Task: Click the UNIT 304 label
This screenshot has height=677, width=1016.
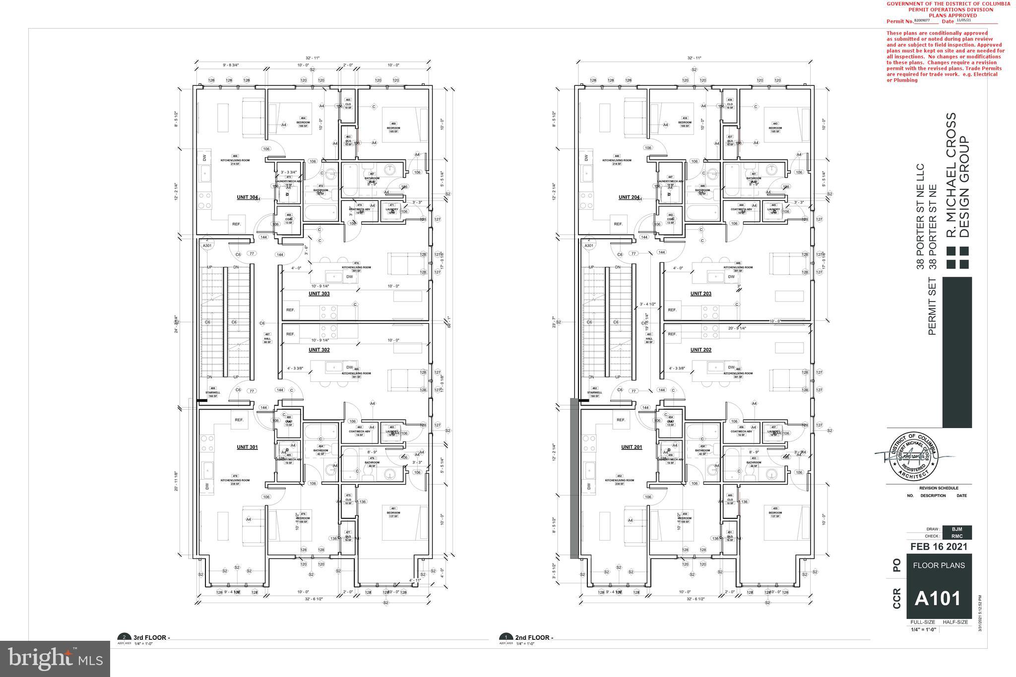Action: (247, 197)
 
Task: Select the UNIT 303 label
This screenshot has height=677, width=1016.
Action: (319, 294)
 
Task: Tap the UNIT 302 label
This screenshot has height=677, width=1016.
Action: (319, 350)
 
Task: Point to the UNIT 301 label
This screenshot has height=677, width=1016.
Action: (247, 447)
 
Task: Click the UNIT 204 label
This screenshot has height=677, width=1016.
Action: (629, 197)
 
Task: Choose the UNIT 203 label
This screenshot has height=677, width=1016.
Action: (701, 294)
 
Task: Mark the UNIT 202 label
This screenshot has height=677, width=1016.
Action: (701, 350)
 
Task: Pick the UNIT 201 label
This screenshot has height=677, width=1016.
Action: (632, 447)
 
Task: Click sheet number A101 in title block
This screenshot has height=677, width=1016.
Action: (938, 599)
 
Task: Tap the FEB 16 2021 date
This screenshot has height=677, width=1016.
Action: (939, 547)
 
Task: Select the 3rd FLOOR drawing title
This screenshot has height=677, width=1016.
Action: (151, 637)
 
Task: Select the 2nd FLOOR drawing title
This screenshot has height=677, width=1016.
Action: (534, 637)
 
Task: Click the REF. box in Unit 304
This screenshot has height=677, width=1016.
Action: (237, 224)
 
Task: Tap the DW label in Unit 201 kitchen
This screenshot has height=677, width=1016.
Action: (589, 487)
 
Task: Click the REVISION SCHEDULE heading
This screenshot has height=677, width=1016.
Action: (939, 488)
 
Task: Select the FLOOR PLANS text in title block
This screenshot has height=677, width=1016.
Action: (939, 565)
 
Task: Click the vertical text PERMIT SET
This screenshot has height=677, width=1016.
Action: (932, 306)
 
